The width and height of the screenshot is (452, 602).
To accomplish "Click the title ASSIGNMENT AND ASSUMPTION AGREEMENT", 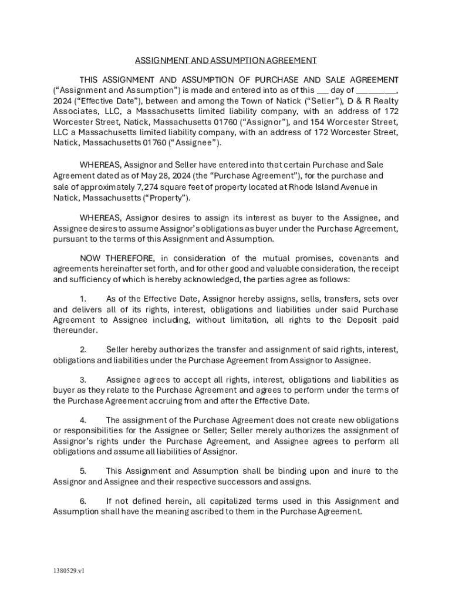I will [226, 61].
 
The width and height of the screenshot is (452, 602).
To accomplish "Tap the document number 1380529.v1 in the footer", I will [69, 570].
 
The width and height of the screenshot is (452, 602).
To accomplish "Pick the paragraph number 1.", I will [83, 299].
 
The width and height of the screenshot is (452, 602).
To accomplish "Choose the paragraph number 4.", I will [83, 420].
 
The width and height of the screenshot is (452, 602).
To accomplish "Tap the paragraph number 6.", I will [83, 501].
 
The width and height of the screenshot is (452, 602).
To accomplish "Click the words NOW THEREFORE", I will [117, 259].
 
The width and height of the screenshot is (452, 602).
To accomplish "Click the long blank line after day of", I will [376, 91].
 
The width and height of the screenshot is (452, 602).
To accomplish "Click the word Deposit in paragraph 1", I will [363, 320].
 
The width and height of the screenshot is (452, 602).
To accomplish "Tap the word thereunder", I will [75, 330].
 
